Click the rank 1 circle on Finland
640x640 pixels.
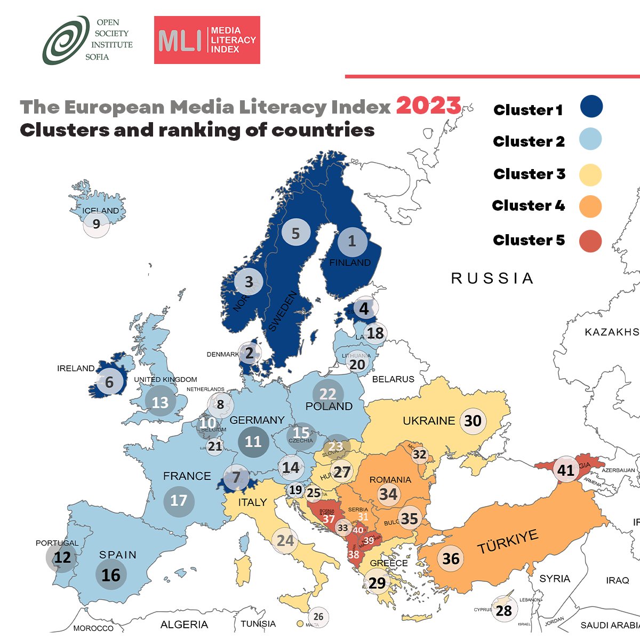click(352, 242)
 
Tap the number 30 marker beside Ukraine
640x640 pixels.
click(473, 421)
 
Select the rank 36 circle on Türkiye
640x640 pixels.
click(451, 558)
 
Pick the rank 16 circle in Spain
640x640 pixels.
click(111, 575)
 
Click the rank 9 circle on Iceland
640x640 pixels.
click(97, 224)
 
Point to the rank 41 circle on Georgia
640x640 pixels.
click(566, 470)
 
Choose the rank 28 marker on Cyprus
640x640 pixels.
click(504, 610)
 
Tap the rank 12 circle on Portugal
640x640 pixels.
click(62, 558)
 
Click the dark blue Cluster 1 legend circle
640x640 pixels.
click(591, 106)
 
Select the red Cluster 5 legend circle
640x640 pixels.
click(590, 241)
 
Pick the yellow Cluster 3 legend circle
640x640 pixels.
click(590, 174)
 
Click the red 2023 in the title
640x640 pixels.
click(428, 106)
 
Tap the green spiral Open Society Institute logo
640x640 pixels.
click(66, 40)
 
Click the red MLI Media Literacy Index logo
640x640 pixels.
click(207, 40)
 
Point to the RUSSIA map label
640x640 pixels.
click(492, 278)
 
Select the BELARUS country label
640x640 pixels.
click(393, 379)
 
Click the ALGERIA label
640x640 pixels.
click(184, 624)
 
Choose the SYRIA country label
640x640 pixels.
click(555, 579)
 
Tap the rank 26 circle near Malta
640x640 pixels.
click(318, 617)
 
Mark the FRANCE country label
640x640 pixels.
click(187, 476)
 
